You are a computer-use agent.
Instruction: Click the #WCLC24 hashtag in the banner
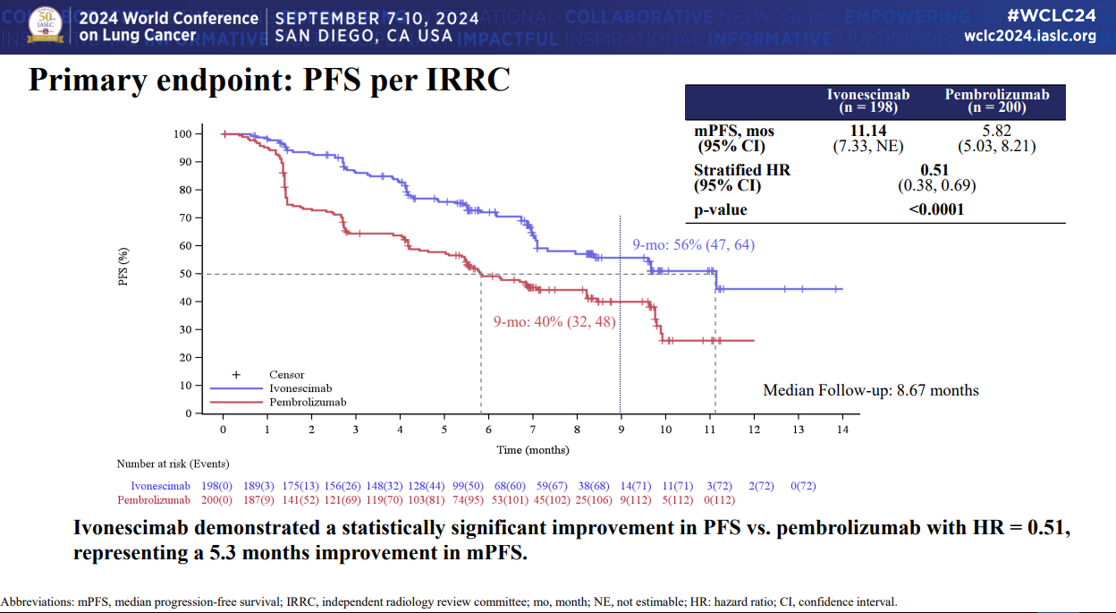[x=1052, y=16]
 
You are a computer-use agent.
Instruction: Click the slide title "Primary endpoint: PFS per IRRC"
[x=269, y=80]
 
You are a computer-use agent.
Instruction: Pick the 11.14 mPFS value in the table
[x=867, y=131]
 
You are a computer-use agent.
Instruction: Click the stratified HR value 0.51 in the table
[x=935, y=170]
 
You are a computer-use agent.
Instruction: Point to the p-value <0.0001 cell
[x=935, y=210]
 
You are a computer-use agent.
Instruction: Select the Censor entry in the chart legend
[x=286, y=375]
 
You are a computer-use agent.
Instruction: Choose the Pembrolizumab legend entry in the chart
[x=307, y=403]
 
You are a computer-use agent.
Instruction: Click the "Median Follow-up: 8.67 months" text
[x=870, y=390]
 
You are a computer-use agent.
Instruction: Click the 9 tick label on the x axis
[x=621, y=430]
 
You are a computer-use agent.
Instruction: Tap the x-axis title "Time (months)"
[x=533, y=449]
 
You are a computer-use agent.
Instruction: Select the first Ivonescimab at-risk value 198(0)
[x=217, y=487]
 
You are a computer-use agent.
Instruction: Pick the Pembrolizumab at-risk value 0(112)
[x=719, y=499]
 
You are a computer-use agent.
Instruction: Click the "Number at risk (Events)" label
[x=173, y=464]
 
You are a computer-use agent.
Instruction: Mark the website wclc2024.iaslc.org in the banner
[x=1030, y=36]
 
